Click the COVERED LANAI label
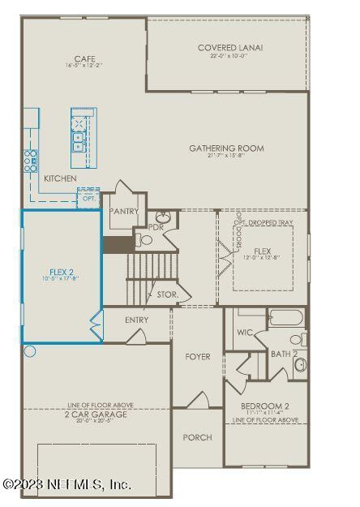pos(230,48)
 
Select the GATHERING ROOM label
pos(226,148)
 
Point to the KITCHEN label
pos(60,178)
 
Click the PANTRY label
pos(123,212)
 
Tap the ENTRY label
pos(137,320)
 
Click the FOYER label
pos(197,357)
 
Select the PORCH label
pos(197,437)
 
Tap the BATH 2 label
pos(282,354)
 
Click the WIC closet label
pos(244,333)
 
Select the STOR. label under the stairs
pos(167,294)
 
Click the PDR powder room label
pos(156,227)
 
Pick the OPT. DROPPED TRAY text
pos(264,222)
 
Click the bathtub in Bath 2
pos(284,317)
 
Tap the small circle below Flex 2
pos(30,351)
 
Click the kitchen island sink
pos(79,141)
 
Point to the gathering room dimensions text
pos(226,157)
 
